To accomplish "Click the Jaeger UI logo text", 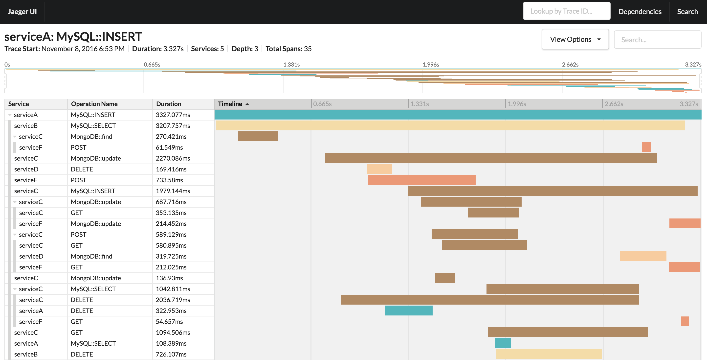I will (22, 12).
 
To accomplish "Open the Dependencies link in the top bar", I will (640, 12).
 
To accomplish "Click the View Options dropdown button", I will (575, 40).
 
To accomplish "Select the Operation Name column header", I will (94, 104).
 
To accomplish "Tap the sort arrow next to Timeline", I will (247, 104).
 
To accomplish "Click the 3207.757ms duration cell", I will (173, 126).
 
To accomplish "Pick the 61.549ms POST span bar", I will (646, 147).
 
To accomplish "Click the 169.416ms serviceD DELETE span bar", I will (379, 169).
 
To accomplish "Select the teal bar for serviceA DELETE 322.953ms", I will (408, 311).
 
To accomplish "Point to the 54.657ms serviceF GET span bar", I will (685, 322).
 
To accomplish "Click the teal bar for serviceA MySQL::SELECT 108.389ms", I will (502, 343).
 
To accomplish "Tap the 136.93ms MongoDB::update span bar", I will (445, 278).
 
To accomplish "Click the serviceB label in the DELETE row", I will (26, 354).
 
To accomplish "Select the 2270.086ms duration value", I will (173, 158).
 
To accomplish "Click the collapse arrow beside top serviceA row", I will (10, 115).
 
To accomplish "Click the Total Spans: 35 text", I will (288, 49).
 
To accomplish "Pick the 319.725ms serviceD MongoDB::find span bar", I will (643, 256).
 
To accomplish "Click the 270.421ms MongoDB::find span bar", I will (258, 137).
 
